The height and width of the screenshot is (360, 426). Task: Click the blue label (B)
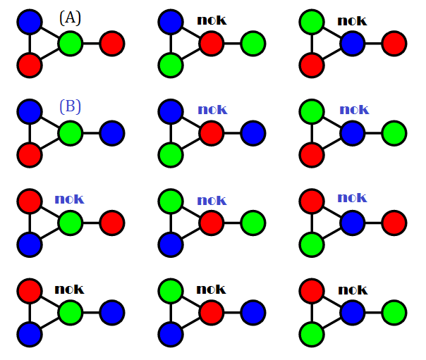[x=70, y=107]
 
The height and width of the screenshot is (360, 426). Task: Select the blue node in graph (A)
[x=30, y=21]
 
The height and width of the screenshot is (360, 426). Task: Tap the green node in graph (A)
[x=71, y=44]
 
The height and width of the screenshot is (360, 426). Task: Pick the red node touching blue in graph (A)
[x=30, y=66]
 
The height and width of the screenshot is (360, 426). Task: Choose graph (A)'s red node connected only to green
[x=112, y=44]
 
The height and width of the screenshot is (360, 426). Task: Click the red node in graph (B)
[x=30, y=154]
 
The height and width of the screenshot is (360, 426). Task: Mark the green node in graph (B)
[x=71, y=132]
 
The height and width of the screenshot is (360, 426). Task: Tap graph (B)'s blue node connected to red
[x=30, y=111]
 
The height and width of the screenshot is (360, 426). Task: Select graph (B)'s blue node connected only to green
[x=112, y=132]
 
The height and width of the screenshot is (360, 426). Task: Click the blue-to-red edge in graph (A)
[x=30, y=44]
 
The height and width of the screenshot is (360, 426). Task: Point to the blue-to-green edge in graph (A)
[x=50, y=32]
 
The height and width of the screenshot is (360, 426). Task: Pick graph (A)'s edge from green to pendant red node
[x=92, y=44]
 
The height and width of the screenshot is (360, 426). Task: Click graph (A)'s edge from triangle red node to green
[x=50, y=55]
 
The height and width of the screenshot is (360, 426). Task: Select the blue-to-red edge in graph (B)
[x=30, y=132]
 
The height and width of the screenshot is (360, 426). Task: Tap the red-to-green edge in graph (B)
[x=50, y=144]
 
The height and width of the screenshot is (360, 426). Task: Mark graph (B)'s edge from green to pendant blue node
[x=92, y=132]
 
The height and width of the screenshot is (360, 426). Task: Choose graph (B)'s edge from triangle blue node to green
[x=50, y=121]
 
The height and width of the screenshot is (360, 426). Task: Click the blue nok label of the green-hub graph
[x=69, y=199]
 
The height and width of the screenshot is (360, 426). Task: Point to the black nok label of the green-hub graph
[x=69, y=288]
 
